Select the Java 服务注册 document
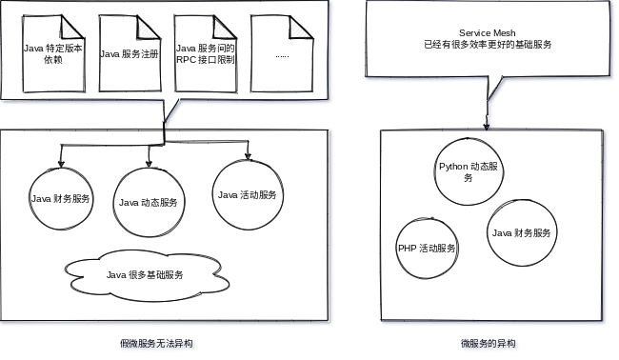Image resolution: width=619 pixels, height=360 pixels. coord(130,52)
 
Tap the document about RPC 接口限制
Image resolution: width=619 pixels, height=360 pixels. coord(205,52)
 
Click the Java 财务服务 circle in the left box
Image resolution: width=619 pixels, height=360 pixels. coord(61,199)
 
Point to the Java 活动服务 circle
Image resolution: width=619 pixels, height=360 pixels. coord(247,194)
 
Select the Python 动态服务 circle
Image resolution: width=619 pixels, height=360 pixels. coord(469,171)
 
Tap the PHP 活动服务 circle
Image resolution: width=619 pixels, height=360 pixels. coord(427,248)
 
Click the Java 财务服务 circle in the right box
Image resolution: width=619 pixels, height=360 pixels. coord(520,232)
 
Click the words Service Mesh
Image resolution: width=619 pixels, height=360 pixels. coord(487,32)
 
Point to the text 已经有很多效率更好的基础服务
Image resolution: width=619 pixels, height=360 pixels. coord(487,45)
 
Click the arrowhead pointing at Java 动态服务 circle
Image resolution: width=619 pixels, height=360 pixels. coord(149,163)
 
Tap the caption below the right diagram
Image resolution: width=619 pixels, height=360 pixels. coord(489,343)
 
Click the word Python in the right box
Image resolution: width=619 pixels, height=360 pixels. coord(453,166)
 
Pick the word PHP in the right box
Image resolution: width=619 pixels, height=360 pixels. coord(407,248)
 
